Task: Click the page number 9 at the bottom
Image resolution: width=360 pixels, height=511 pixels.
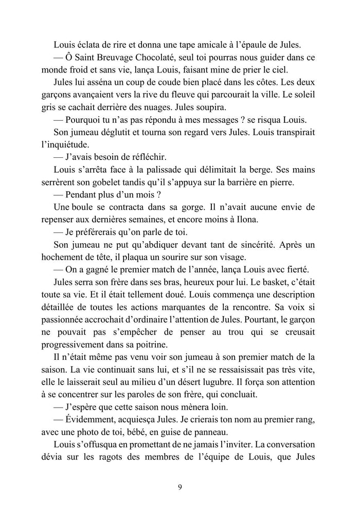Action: click(179, 488)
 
